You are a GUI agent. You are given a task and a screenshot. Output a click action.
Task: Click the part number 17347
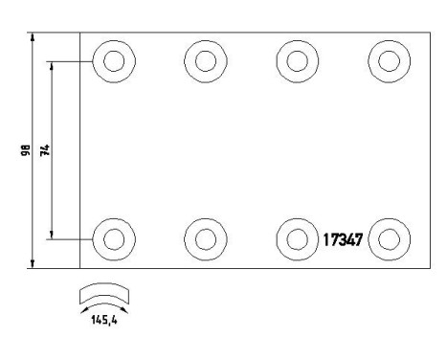point(343,240)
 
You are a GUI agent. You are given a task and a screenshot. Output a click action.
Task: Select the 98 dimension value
point(26,150)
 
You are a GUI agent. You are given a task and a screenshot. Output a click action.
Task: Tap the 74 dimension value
point(45,150)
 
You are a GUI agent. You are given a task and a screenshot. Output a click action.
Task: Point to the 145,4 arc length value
point(104,320)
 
